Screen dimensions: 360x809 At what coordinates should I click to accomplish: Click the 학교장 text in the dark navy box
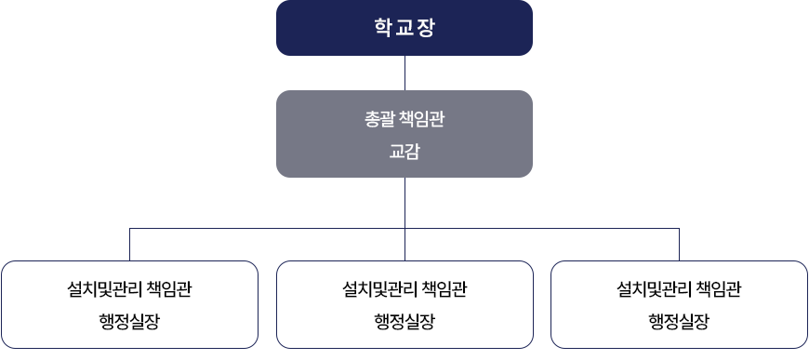(404, 27)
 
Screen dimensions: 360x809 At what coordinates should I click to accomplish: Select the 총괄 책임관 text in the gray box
(404, 119)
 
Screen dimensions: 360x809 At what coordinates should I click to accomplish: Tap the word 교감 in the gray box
(404, 151)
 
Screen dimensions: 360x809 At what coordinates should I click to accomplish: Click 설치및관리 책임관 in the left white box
(129, 289)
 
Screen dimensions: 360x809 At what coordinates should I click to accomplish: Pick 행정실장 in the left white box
(129, 322)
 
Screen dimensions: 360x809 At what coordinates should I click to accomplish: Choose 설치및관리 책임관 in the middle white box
(404, 289)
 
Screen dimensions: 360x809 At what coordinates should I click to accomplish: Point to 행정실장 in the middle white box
(404, 322)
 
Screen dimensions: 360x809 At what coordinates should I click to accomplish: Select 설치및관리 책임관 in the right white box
(679, 289)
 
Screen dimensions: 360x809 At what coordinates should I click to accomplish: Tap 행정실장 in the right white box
(679, 322)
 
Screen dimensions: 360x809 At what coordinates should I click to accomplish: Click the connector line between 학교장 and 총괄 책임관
(404, 73)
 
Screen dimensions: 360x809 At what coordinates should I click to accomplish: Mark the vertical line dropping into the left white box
(129, 245)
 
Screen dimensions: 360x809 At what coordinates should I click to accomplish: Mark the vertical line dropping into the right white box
(679, 245)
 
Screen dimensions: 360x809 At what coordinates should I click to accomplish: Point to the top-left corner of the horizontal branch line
(129, 228)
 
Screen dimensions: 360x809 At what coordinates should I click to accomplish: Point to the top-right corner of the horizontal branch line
(679, 228)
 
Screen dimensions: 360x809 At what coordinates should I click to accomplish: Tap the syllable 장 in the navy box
(428, 27)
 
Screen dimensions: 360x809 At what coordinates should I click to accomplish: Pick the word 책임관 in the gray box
(421, 119)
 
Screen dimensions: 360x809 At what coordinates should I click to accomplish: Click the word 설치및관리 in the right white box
(655, 289)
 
